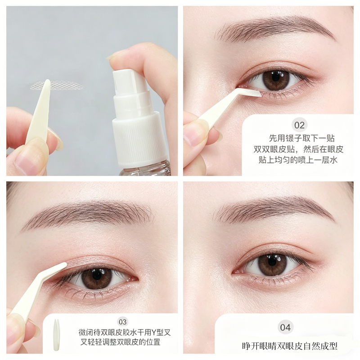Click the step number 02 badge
(299, 125)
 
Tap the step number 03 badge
(122, 322)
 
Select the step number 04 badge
(285, 328)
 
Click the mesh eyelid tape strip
(57, 85)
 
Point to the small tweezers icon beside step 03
(57, 335)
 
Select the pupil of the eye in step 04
(272, 262)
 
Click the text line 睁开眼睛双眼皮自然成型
(289, 346)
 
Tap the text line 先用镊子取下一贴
(301, 138)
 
